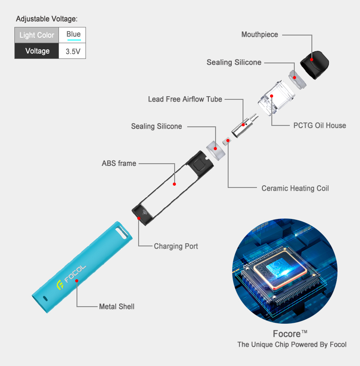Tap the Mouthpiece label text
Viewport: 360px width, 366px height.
260,35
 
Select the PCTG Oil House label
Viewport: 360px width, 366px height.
319,125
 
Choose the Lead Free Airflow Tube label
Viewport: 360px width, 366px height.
185,99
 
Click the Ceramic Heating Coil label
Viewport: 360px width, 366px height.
295,188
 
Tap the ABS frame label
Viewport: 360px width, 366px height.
119,163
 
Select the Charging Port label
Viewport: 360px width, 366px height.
176,246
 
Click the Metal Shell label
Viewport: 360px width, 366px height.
117,307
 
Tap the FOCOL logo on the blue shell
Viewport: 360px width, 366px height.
72,278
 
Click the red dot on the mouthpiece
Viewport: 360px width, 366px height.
311,59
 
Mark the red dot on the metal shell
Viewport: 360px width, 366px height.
77,281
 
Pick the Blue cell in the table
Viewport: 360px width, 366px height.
73,35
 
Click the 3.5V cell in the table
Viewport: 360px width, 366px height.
73,51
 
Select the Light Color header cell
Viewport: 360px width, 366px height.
36,35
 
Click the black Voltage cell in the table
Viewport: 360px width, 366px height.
37,51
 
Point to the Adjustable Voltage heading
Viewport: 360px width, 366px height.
46,19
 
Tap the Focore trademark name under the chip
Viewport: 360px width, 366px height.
290,334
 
